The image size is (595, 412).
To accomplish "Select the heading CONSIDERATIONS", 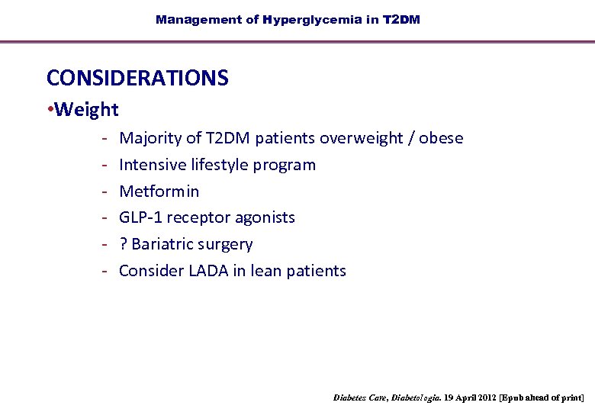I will click(x=137, y=78).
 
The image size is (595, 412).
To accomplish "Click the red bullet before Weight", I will click(x=50, y=110).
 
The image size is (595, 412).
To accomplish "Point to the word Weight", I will click(x=87, y=110).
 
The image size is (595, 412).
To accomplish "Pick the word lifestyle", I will click(x=220, y=165).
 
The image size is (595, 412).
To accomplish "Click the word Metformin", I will click(x=159, y=192).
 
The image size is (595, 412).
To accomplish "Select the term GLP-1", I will click(x=141, y=217).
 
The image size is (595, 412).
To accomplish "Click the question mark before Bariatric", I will click(x=124, y=244).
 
